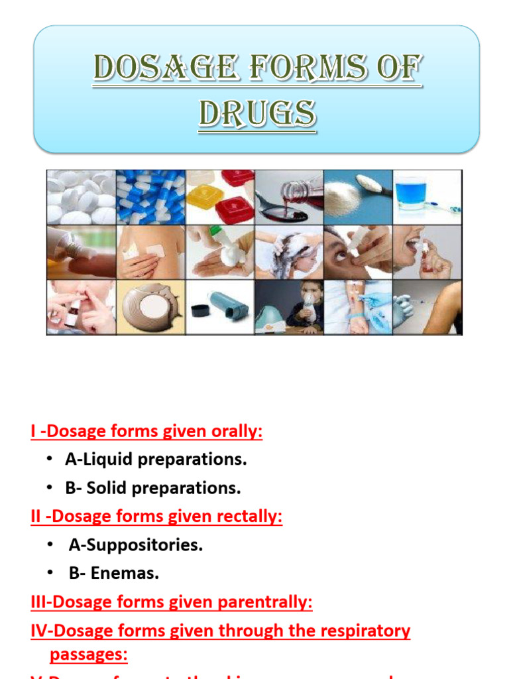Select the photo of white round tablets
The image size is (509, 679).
point(81,197)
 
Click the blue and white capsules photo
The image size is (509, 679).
point(150,197)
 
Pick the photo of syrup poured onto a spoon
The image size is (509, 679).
point(289,197)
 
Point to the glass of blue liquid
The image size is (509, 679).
point(427,197)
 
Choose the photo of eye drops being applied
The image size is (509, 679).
point(358,252)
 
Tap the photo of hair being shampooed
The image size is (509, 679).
point(289,252)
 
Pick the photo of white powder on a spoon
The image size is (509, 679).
point(358,197)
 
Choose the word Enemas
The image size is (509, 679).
point(125,574)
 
